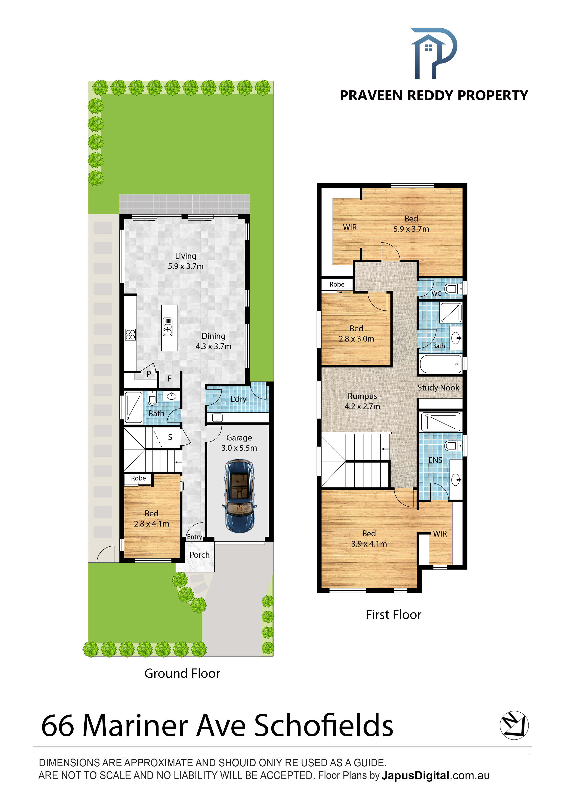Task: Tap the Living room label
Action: (185, 261)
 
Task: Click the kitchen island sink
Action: (168, 327)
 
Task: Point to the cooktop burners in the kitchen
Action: (130, 334)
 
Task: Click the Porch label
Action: (200, 555)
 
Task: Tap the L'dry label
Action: (238, 399)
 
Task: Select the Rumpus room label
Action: (362, 401)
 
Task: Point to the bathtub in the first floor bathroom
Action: (441, 364)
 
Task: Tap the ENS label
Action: (435, 460)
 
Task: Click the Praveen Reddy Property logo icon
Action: (433, 53)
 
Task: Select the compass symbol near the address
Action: (514, 725)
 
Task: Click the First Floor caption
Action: (393, 615)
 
